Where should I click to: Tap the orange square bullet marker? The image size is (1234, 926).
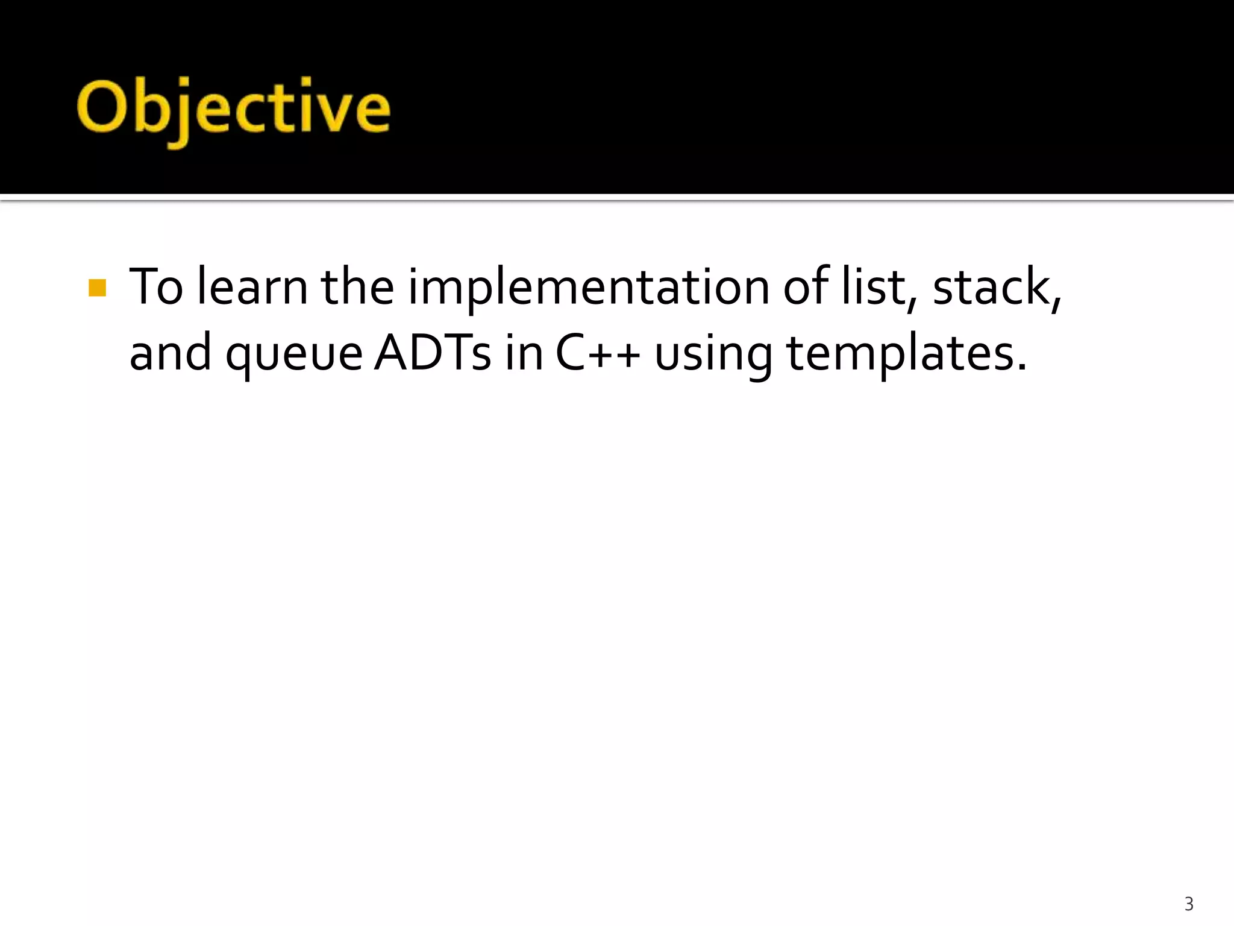[97, 288]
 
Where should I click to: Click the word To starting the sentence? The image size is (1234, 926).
[155, 287]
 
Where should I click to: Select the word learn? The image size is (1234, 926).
[252, 287]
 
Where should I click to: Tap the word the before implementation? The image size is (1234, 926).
[357, 287]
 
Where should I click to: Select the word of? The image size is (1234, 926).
[806, 287]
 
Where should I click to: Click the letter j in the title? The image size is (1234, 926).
[178, 115]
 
